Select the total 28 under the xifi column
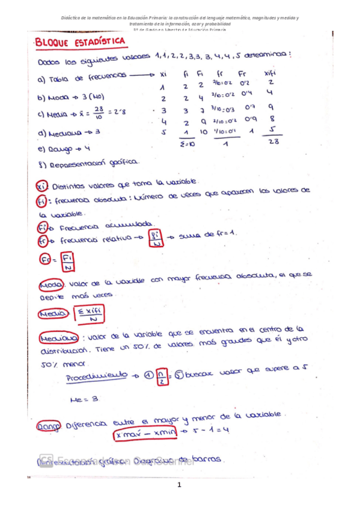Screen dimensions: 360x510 273,141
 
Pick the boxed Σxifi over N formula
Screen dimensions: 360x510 88,314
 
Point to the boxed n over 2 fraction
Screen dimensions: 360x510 160,376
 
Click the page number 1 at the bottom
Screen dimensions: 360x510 180,485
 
